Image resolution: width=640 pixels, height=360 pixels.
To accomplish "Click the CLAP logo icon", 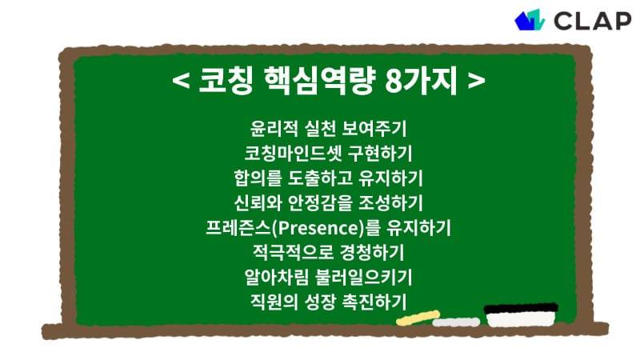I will pyautogui.click(x=530, y=19).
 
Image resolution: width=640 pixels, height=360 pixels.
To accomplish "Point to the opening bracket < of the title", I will pyautogui.click(x=181, y=82).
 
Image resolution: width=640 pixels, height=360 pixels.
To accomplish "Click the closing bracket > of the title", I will pyautogui.click(x=477, y=82).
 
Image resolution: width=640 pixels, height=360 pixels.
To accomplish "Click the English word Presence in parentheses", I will pyautogui.click(x=318, y=227).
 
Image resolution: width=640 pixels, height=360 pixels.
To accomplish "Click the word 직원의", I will pyautogui.click(x=273, y=302).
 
